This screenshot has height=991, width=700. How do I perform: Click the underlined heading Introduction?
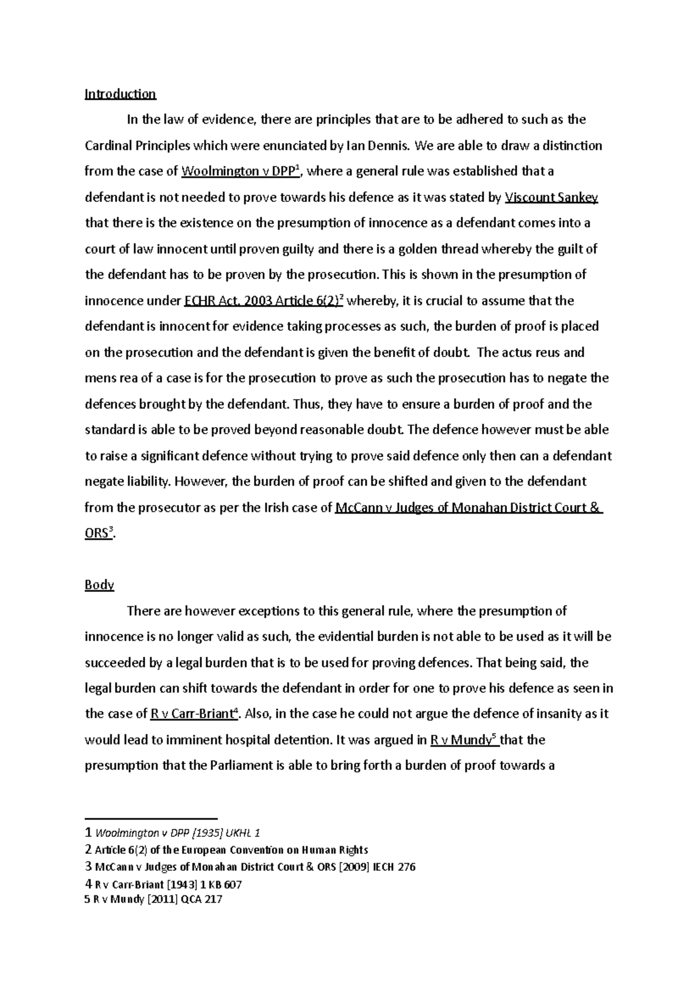[x=120, y=94]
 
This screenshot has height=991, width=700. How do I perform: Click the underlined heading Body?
[x=99, y=585]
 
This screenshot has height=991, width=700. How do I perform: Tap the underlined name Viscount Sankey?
[x=551, y=197]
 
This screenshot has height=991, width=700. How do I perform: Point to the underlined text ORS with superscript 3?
[x=97, y=533]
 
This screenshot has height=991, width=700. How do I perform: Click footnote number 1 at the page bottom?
[x=88, y=833]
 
